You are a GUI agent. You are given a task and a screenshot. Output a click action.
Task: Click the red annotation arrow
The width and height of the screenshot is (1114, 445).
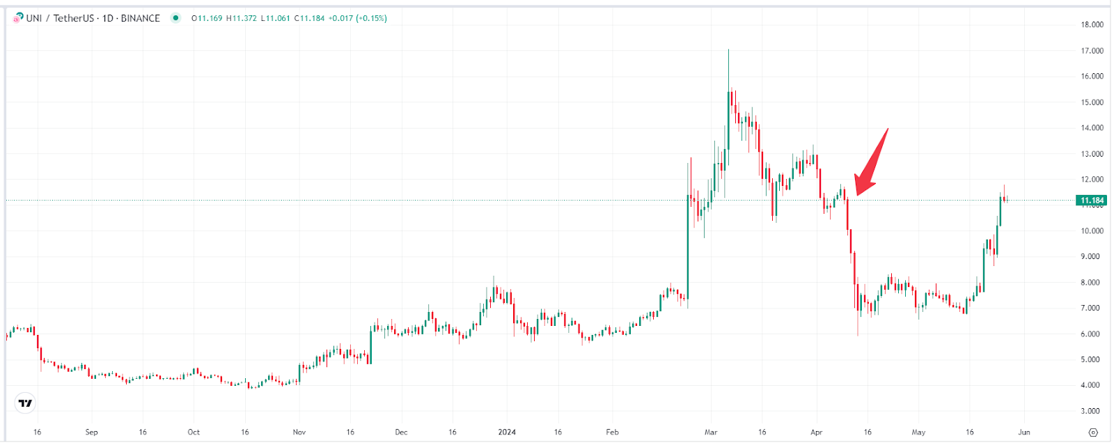(870, 164)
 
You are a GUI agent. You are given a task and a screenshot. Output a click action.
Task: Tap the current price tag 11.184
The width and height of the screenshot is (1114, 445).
(1091, 201)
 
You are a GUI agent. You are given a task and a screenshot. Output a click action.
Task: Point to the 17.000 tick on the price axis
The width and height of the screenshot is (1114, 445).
(1092, 51)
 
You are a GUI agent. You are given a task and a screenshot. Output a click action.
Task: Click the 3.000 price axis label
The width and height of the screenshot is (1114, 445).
(1092, 411)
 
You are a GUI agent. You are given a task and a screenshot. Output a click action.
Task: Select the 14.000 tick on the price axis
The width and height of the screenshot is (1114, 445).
(1092, 128)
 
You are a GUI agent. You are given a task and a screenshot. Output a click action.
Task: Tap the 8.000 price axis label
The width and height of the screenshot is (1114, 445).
(1092, 283)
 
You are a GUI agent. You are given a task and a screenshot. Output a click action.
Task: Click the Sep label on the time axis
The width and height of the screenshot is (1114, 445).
(91, 432)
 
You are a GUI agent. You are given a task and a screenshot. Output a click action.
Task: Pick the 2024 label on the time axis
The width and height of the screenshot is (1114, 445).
(507, 432)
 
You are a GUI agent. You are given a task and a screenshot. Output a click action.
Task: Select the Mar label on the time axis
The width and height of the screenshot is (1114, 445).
(711, 432)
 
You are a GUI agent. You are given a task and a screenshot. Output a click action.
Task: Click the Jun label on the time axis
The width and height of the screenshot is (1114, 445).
(1023, 432)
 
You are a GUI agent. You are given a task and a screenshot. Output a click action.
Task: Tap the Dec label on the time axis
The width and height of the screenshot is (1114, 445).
(401, 432)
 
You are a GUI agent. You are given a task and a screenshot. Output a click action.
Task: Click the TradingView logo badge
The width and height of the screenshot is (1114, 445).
(25, 403)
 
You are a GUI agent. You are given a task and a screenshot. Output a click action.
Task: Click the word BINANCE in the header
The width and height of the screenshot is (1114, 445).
(141, 18)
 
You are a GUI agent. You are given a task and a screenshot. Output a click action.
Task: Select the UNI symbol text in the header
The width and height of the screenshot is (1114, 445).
(34, 18)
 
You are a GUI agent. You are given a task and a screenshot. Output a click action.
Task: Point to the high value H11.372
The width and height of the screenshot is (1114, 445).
(242, 18)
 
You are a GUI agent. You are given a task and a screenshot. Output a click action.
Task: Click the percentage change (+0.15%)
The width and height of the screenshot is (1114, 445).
(371, 18)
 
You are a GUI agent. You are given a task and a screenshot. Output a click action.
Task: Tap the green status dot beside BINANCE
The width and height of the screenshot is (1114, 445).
(176, 18)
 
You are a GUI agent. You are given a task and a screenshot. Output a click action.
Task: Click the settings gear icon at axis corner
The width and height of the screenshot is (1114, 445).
(1092, 432)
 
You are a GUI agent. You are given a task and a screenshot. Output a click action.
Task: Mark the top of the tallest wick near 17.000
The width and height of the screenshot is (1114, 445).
(728, 50)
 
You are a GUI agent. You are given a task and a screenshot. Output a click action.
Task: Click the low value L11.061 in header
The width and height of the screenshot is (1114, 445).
(276, 18)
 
